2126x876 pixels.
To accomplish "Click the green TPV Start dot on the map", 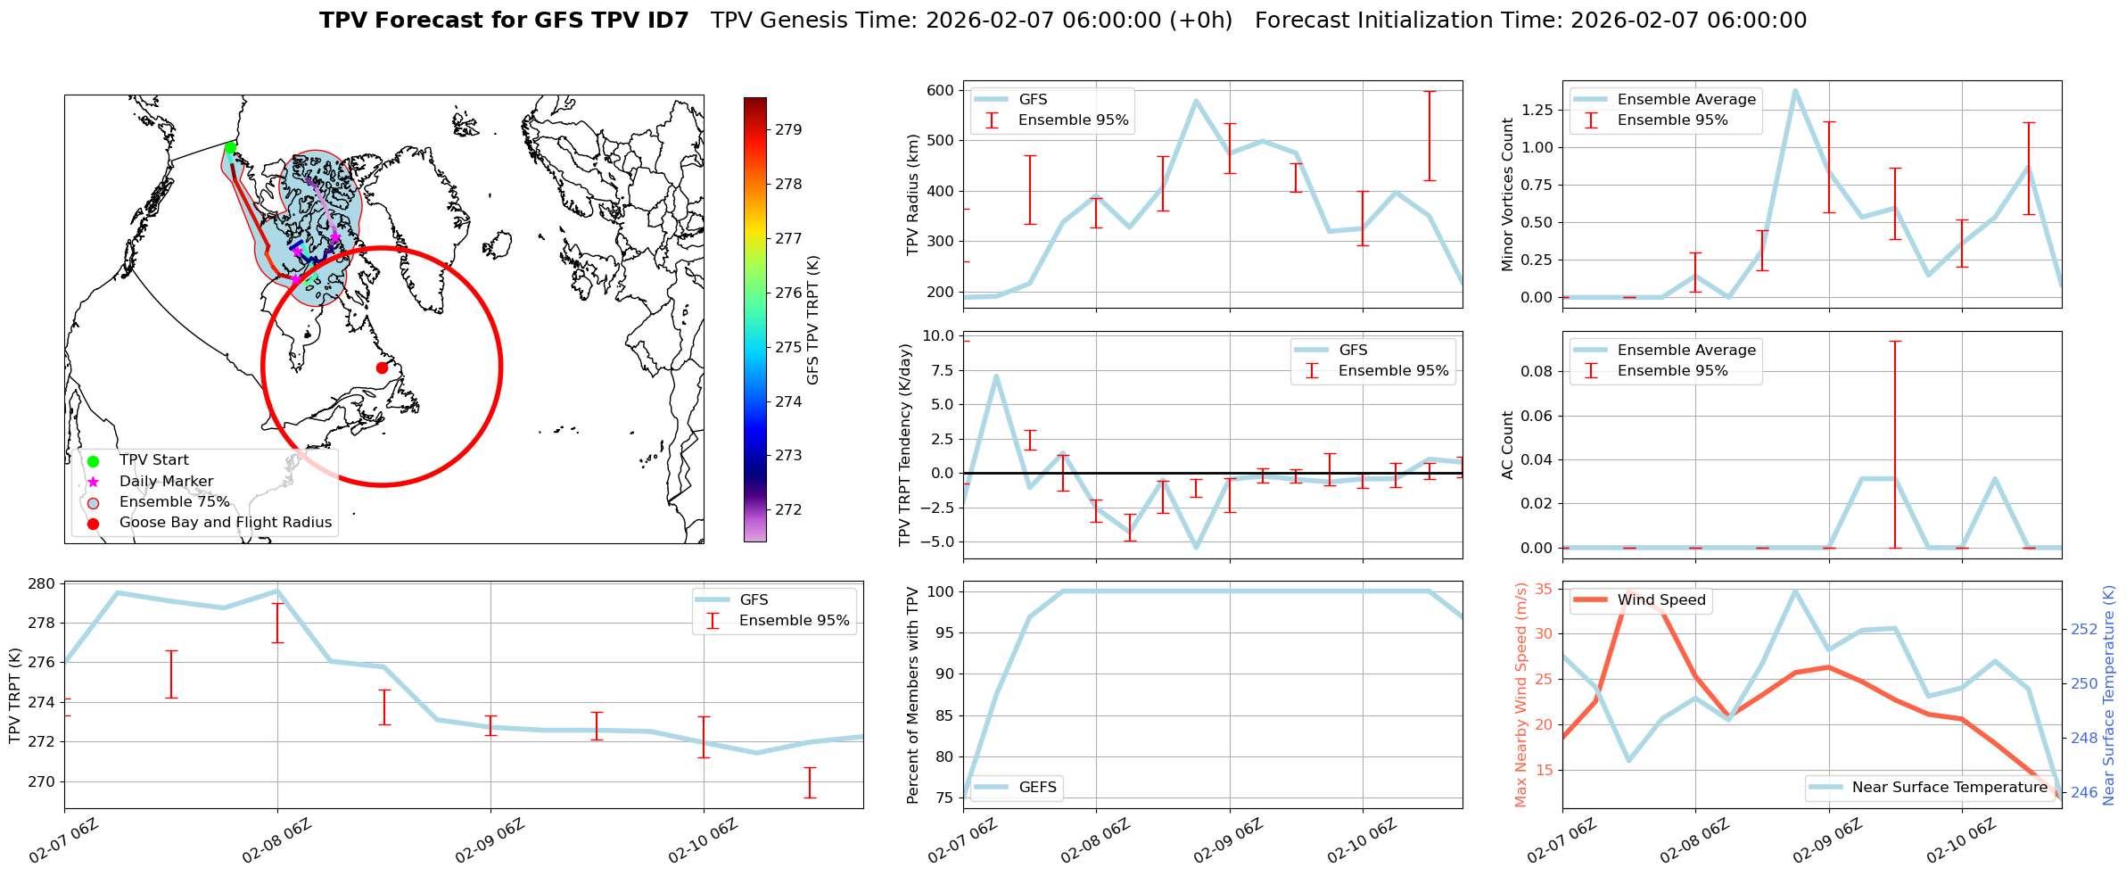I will (x=230, y=148).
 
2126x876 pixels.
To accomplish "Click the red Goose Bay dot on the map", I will (x=382, y=368).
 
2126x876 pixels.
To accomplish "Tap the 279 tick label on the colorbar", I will (x=788, y=129).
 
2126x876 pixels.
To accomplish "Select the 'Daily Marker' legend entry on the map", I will (x=166, y=482).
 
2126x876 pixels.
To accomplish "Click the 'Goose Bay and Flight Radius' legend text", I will (x=225, y=523).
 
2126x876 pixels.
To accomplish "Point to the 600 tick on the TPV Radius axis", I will (x=940, y=90).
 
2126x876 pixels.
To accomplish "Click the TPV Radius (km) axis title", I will (x=912, y=194).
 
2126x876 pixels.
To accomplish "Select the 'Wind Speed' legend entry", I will (x=1660, y=600).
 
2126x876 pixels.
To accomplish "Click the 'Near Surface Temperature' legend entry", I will (x=1949, y=788).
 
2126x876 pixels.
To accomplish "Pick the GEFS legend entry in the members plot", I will (x=1037, y=788).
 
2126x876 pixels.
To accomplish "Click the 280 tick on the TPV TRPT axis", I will (x=44, y=584).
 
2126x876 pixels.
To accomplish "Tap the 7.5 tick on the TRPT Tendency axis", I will (x=943, y=370).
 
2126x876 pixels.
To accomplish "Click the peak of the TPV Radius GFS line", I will (x=1196, y=101).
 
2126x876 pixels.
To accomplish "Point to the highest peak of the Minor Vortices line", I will (x=1795, y=90).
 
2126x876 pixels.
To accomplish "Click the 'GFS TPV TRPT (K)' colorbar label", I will (x=812, y=320).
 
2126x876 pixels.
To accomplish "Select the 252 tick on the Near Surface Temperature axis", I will (x=2084, y=629).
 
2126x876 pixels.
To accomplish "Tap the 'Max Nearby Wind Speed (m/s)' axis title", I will (x=1520, y=695).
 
